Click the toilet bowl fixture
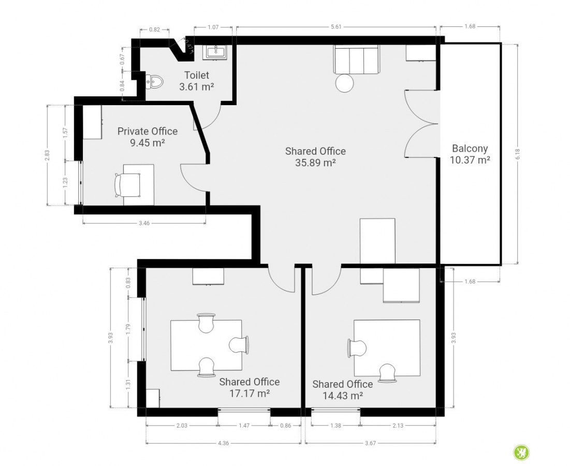point(154,82)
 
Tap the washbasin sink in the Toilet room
point(216,52)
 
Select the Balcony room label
point(470,148)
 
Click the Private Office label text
point(148,131)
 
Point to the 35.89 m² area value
point(315,163)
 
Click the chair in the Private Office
point(127,185)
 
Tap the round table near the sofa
point(344,83)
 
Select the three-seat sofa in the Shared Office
point(356,60)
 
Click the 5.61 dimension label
point(337,26)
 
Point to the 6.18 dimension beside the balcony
point(518,154)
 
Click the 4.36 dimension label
point(224,443)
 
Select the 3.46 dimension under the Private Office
point(144,223)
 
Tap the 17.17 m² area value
point(250,394)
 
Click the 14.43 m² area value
point(343,396)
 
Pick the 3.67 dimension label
point(371,443)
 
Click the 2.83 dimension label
point(47,155)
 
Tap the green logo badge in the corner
point(521,453)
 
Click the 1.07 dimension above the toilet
point(213,27)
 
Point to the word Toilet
point(197,75)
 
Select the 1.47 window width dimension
point(244,425)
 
